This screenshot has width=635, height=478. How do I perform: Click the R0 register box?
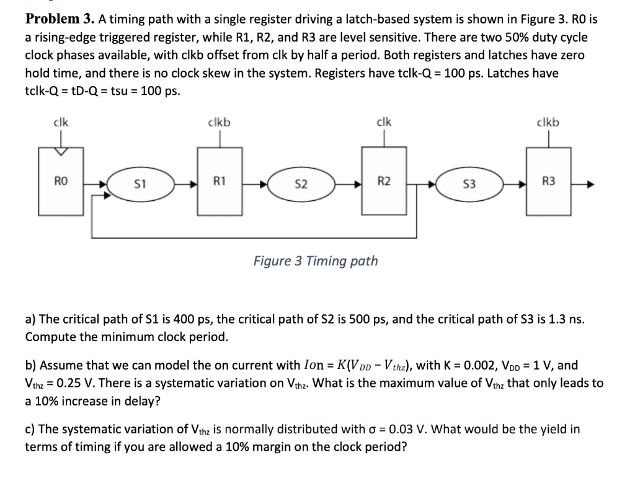[60, 182]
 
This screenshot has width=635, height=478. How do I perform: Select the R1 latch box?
[219, 182]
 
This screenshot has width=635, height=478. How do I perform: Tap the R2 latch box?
[384, 182]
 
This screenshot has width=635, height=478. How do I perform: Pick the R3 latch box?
[549, 182]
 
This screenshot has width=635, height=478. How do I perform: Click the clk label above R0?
[60, 122]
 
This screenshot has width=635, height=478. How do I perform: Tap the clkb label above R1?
[219, 122]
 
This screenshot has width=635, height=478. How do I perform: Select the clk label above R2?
[384, 122]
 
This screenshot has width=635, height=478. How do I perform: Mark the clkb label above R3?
[549, 122]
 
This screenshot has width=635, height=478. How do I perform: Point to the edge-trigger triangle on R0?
[60, 151]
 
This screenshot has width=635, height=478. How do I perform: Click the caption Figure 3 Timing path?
[316, 261]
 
